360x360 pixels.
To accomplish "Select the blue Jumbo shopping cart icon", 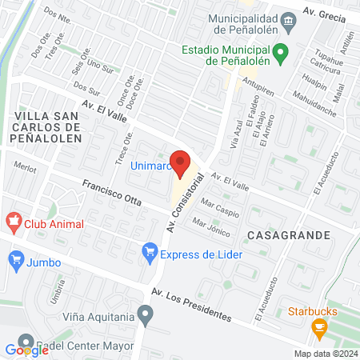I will point(15,258).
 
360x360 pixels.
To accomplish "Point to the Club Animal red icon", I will point(14,219).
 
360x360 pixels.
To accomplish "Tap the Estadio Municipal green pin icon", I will point(280,54).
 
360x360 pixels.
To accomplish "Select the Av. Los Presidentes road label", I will point(192,302).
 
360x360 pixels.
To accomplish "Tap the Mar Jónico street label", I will point(211,228).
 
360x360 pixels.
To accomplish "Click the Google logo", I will point(26,350).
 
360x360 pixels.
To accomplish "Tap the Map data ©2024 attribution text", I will point(325,354).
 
